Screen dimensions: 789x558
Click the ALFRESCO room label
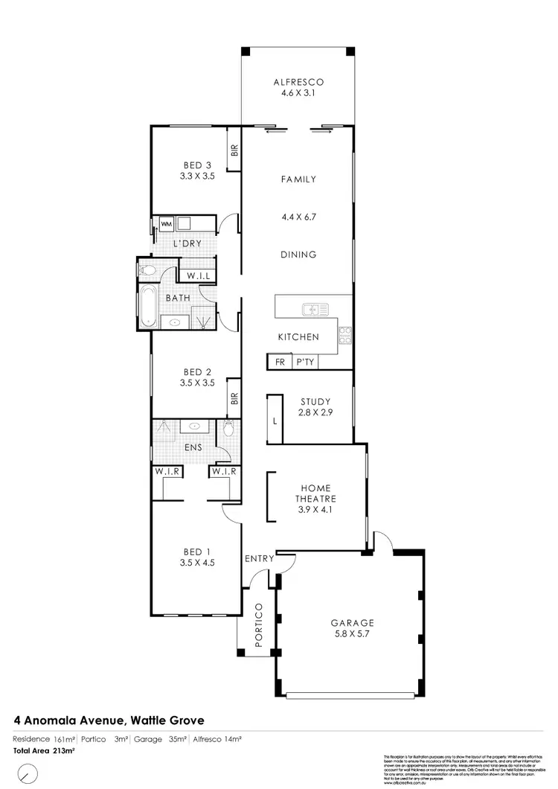click(x=298, y=82)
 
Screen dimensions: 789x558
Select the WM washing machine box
click(x=166, y=223)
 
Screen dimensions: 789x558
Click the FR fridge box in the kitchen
click(x=280, y=361)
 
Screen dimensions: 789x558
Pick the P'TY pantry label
click(x=304, y=361)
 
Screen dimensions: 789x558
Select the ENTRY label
click(x=259, y=558)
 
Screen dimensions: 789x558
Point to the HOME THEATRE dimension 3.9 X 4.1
click(x=316, y=510)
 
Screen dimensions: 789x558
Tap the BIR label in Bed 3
click(x=234, y=151)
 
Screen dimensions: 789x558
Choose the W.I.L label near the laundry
click(x=199, y=276)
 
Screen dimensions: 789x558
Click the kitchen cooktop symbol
click(x=345, y=335)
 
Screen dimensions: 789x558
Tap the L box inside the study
click(x=275, y=421)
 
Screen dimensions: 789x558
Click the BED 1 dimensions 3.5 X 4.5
click(x=197, y=563)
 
